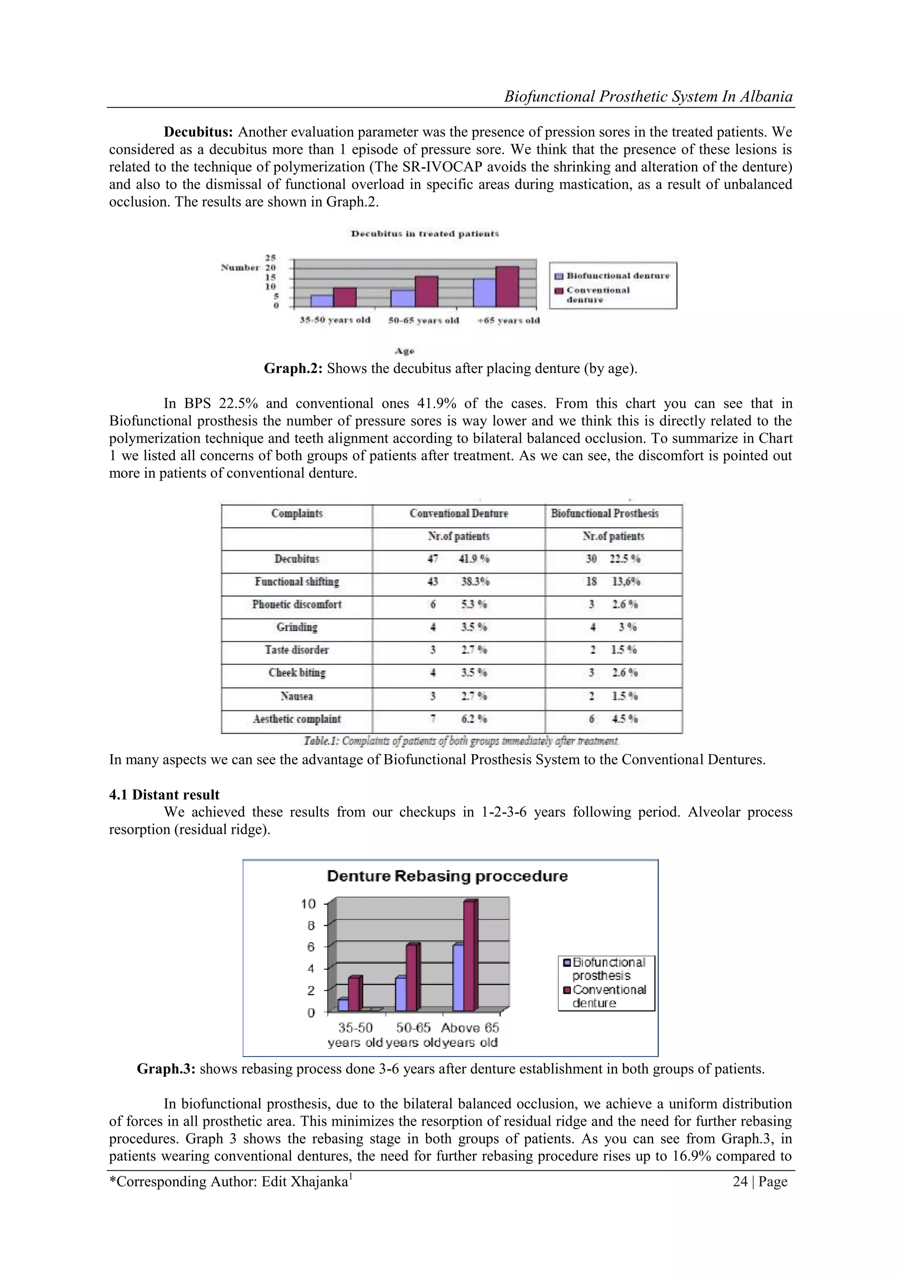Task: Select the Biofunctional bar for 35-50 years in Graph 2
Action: (322, 301)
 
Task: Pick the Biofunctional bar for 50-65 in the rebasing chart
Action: (400, 995)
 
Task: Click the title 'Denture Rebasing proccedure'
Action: (447, 876)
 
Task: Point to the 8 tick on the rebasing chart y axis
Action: (311, 925)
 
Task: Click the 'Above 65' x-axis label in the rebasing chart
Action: (470, 1027)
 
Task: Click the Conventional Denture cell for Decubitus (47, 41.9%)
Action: (458, 559)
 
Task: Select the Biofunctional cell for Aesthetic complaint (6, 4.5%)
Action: (613, 719)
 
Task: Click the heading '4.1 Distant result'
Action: (164, 795)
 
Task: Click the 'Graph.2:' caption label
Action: (293, 368)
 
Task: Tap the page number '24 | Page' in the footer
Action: (759, 1182)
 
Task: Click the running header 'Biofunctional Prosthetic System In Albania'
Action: (647, 97)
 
